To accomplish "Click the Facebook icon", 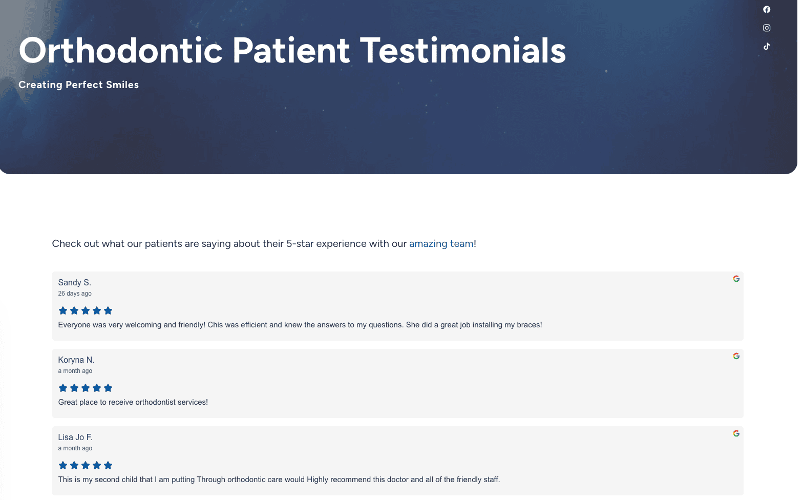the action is (x=767, y=9).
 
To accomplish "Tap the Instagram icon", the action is (x=767, y=28).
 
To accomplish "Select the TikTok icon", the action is (x=767, y=46).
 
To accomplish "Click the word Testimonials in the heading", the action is (x=463, y=51).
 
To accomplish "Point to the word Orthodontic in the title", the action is (x=120, y=51).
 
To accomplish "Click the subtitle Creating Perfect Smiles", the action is (x=78, y=85).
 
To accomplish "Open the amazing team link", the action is (x=441, y=243).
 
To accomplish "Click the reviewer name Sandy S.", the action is (x=75, y=283).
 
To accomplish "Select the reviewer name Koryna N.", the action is (x=76, y=360).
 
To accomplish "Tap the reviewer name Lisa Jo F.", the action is (x=75, y=437).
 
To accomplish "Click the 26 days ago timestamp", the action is (x=75, y=294).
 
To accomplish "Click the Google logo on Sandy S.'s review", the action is (x=736, y=279).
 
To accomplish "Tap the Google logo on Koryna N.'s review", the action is (x=736, y=356).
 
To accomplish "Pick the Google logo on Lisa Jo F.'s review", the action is (x=736, y=433).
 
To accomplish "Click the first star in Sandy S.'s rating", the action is (x=62, y=310).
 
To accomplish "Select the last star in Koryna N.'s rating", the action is (x=108, y=388).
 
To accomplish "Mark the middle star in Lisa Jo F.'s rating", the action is (x=86, y=466).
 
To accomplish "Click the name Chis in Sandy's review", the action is (x=215, y=325).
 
